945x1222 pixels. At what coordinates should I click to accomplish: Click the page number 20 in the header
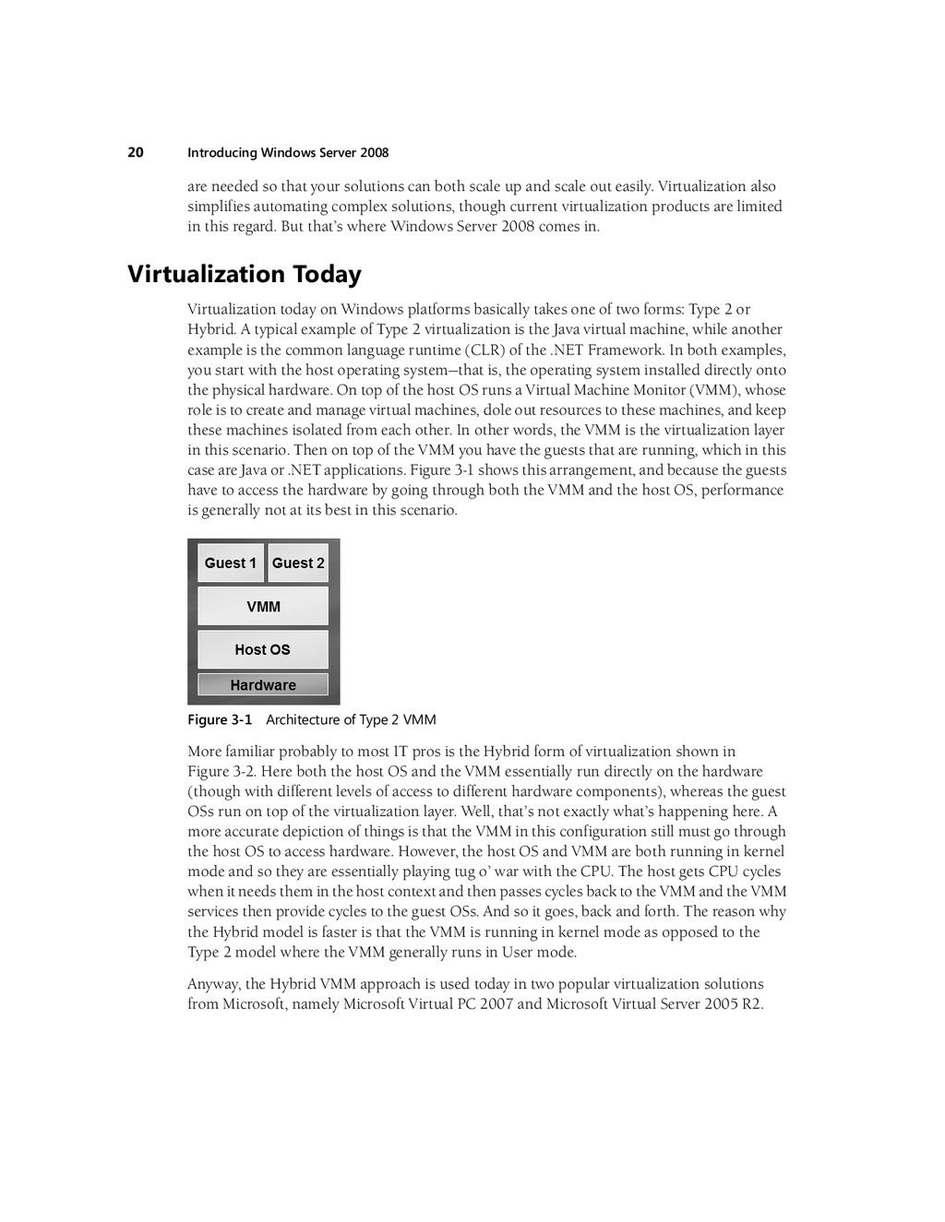coord(136,152)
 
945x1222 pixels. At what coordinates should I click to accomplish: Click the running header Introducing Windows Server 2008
coord(288,153)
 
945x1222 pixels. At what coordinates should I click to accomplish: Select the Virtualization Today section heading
coord(245,274)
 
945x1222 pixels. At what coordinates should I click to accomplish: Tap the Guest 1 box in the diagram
coord(231,564)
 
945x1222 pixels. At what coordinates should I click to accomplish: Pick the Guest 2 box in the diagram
coord(298,564)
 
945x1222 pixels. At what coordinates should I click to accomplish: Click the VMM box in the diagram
coord(263,607)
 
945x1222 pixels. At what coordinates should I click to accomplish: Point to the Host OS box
coord(263,649)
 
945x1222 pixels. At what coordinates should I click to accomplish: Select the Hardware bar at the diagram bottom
coord(263,685)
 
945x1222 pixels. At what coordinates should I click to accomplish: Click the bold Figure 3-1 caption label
coord(220,719)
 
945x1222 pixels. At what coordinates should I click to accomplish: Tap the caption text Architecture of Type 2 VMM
coord(351,719)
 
